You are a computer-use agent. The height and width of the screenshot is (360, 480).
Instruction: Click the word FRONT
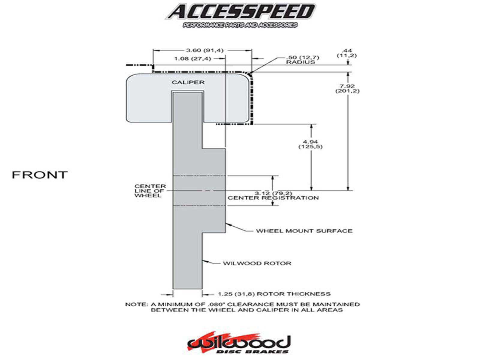point(40,175)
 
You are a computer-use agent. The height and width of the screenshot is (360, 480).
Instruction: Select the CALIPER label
point(188,82)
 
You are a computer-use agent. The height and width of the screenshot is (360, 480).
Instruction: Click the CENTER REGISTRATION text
point(273,198)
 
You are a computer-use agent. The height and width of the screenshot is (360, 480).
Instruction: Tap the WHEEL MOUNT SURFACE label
point(304,231)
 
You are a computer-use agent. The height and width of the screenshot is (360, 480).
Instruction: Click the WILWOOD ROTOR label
point(257,263)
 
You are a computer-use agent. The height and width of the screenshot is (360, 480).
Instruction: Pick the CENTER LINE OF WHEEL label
point(150,191)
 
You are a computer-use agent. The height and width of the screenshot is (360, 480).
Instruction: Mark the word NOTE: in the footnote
point(136,304)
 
